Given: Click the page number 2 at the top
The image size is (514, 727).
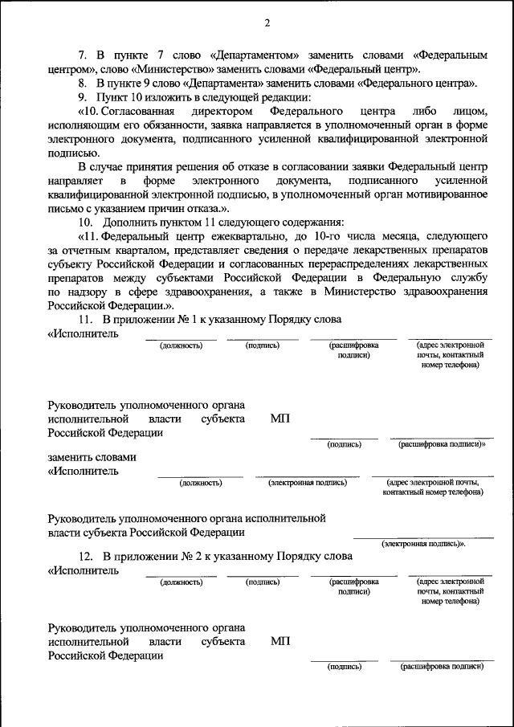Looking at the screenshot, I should [x=266, y=22].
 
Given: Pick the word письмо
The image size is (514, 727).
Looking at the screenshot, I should [x=63, y=208].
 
